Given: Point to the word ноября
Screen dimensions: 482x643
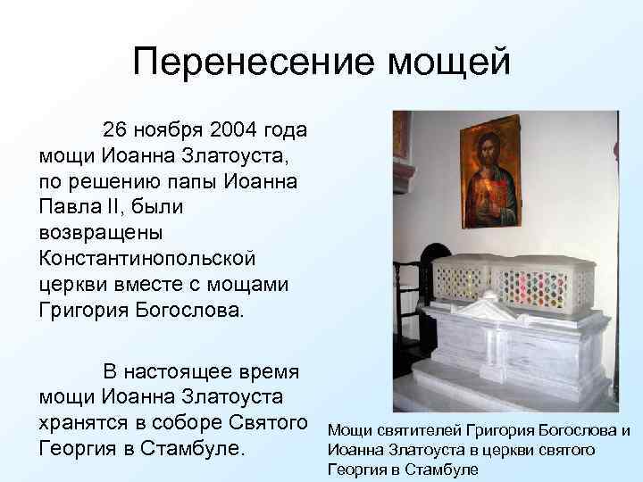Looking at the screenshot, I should (x=171, y=130).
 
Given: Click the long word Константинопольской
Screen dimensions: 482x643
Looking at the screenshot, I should (x=147, y=260).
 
